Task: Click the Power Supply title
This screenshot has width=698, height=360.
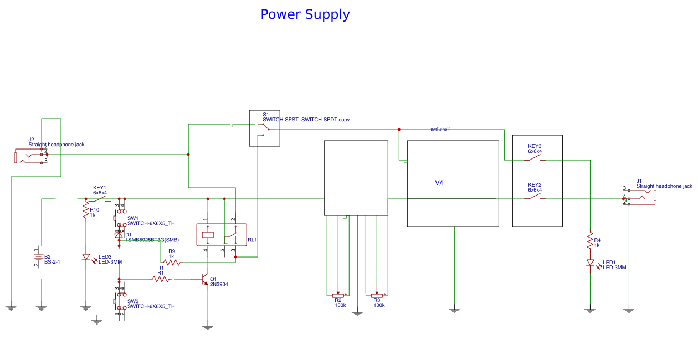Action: point(305,14)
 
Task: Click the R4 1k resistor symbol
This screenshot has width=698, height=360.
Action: point(591,241)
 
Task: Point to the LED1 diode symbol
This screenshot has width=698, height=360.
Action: point(591,263)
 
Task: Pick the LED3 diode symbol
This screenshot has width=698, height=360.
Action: point(86,257)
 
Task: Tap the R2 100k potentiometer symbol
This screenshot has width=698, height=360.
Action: point(337,295)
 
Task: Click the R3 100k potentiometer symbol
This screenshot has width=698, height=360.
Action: point(377,295)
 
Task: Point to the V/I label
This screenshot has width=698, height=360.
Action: point(439,183)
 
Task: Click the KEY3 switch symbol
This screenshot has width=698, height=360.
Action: point(535,159)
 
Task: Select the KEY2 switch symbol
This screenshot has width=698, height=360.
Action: point(535,197)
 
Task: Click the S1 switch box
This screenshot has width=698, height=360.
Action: point(264,128)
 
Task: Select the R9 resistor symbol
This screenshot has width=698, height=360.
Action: point(171,263)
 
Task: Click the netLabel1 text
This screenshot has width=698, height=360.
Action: point(441,130)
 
